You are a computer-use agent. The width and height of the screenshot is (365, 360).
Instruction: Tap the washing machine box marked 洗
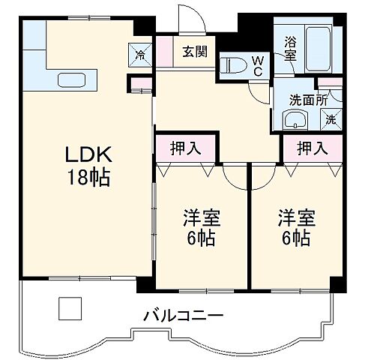[x=331, y=118]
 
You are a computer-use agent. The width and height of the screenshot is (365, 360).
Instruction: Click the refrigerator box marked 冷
[x=140, y=52]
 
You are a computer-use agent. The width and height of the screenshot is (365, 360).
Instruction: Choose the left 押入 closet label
[x=186, y=148]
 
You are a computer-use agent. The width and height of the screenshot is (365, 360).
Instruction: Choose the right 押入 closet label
[x=312, y=148]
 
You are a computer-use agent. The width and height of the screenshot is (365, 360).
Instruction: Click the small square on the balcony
[x=70, y=307]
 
